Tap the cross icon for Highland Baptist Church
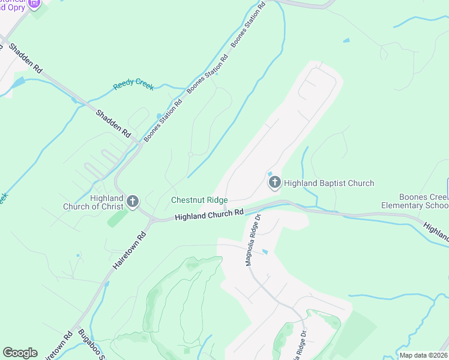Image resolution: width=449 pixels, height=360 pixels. (275, 182)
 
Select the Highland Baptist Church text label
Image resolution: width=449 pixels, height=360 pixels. (328, 183)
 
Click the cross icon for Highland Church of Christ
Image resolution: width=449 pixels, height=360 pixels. (133, 202)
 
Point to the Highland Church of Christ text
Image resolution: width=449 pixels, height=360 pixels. (93, 202)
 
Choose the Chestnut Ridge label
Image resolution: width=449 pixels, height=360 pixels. (199, 200)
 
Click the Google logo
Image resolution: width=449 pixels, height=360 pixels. (20, 353)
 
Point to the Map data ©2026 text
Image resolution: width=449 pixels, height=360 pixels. (423, 355)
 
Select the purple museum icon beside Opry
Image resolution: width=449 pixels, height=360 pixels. (34, 4)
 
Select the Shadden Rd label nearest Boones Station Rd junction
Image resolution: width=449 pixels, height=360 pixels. (113, 123)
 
